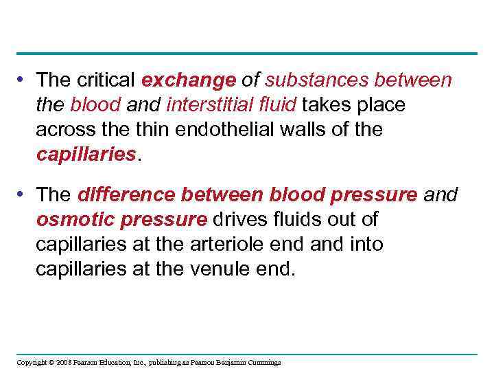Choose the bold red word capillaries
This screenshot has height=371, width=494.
(86, 154)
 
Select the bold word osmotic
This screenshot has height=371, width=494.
(69, 220)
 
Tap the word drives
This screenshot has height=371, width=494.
(240, 220)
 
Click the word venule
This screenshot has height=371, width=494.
(226, 269)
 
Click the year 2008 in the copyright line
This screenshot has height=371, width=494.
(62, 362)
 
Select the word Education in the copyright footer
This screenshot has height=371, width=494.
(118, 362)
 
